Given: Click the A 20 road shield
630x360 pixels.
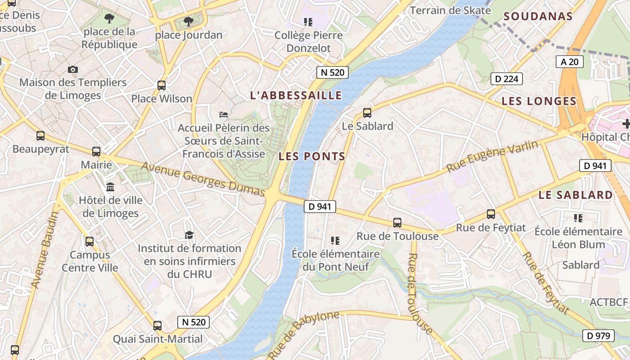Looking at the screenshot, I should pos(569,62).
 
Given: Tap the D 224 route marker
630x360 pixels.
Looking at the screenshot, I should pos(506,79).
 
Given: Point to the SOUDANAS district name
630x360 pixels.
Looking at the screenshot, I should pos(538,17).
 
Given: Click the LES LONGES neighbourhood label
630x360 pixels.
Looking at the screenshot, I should pos(539,101).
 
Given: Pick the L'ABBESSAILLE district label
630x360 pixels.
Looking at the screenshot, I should pos(296,95).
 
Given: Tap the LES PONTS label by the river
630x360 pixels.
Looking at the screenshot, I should pos(311,157).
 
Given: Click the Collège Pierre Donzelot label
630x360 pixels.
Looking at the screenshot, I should pos(308,41).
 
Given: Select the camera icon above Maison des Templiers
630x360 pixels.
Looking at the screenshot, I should pos(73,69).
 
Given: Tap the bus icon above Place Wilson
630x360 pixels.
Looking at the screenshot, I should pos(161,85).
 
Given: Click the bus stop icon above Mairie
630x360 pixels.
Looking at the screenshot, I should pos(96,152).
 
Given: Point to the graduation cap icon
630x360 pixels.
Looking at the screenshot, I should pos(189,235).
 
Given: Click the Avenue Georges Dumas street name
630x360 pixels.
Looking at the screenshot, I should pos(203,179).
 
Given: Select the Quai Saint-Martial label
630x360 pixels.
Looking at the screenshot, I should pos(157,339).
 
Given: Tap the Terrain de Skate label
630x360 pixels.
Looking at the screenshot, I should pos(450,10).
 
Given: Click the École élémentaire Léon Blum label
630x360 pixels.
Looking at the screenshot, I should pos(578,238).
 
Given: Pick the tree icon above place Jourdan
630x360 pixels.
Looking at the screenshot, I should pos(189,21).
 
